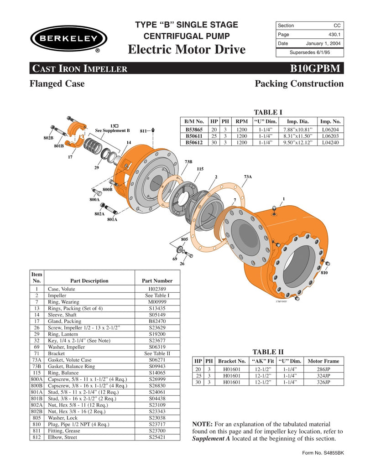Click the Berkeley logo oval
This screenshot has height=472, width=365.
coord(68,38)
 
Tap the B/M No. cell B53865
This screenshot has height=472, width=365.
coord(194,130)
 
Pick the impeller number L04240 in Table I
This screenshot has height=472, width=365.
coord(331,142)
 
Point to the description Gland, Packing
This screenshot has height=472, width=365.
coord(64,321)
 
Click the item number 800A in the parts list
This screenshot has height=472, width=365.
coord(36,379)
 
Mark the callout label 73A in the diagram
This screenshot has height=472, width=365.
coord(247,176)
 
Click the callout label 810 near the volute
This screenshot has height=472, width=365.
coord(324,273)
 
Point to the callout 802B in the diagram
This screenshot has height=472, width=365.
coord(48,137)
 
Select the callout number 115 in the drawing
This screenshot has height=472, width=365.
coord(200,169)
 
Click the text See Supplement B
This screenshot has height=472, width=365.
coord(112,130)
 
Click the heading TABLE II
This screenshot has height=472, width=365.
coord(268,352)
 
